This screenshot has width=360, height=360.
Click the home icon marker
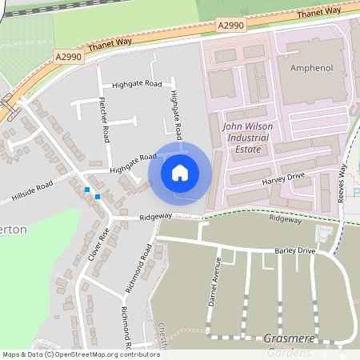pyautogui.click(x=180, y=172)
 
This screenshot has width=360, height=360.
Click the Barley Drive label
pyautogui.click(x=295, y=250)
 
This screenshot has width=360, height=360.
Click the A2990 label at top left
pyautogui.click(x=69, y=56)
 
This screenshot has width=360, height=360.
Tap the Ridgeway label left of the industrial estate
pyautogui.click(x=155, y=217)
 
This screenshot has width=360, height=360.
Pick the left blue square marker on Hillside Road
pyautogui.click(x=86, y=190)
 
